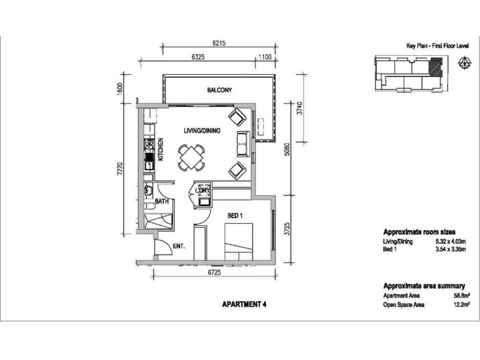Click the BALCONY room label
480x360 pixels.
[x=220, y=90]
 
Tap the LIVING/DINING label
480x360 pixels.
[x=202, y=131]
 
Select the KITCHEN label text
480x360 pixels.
[x=160, y=149]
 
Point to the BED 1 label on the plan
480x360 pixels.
[x=235, y=216]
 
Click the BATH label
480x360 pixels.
[x=161, y=202]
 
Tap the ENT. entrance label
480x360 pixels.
[x=179, y=246]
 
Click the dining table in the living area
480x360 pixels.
[x=191, y=158]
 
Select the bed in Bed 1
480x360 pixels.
[x=239, y=242]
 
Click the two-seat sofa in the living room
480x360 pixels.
[x=244, y=144]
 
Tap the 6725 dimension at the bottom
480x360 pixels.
[x=214, y=272]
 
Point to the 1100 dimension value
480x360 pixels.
[x=265, y=57]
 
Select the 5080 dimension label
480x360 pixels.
[x=287, y=149]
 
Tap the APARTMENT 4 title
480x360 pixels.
[x=244, y=305]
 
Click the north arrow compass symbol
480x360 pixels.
[x=464, y=62]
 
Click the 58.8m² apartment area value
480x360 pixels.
[x=461, y=296]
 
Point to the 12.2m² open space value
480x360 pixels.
[x=461, y=305]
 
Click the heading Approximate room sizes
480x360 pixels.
[x=419, y=232]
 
